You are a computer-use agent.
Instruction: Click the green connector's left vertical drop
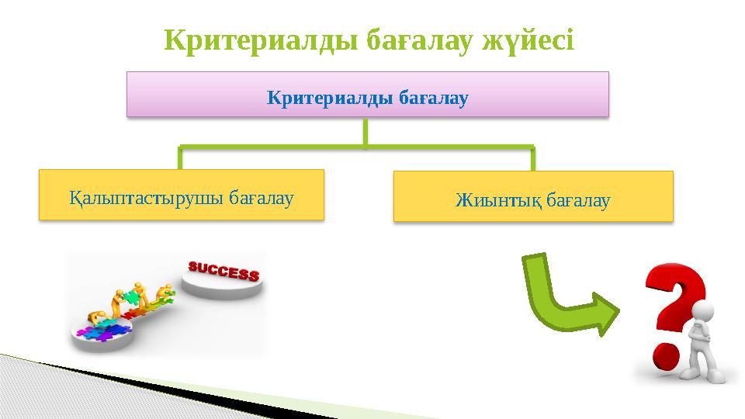180,158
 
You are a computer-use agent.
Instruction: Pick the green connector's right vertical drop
533,158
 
